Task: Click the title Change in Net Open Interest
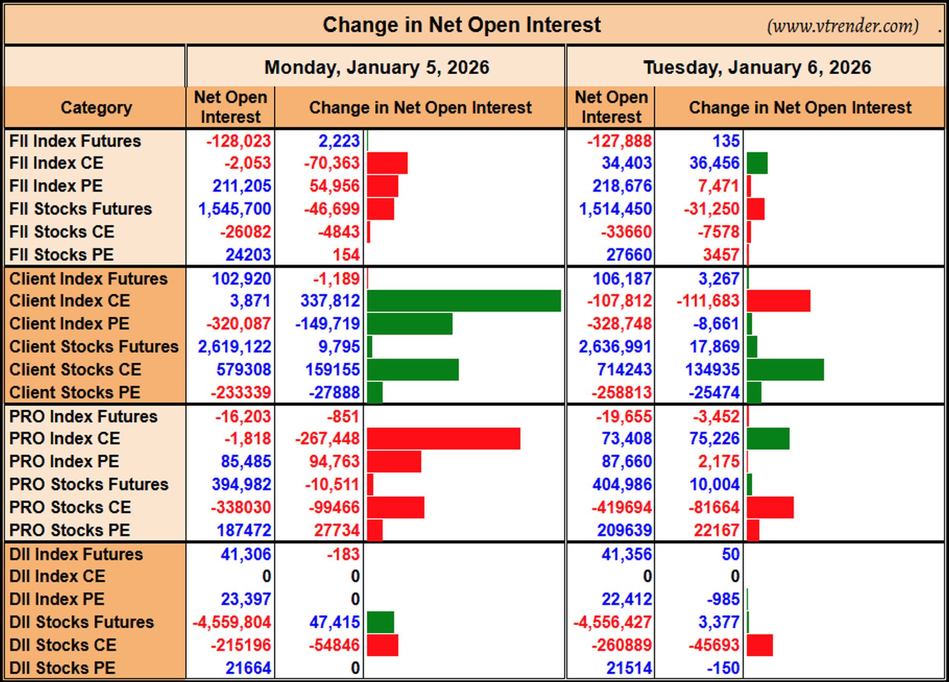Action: (462, 25)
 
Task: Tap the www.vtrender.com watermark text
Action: (843, 26)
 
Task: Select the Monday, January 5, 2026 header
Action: (377, 67)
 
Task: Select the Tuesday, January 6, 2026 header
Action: (757, 67)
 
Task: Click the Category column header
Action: (96, 108)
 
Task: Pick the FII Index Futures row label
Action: (75, 141)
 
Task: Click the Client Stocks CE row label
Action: (75, 369)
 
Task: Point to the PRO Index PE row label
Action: (64, 461)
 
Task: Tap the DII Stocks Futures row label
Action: (82, 622)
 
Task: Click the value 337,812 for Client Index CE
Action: (330, 300)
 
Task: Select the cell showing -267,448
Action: (327, 438)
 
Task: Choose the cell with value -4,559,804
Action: (232, 622)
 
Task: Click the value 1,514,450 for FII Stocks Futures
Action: (615, 209)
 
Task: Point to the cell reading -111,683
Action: (708, 300)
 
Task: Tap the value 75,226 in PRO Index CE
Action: (715, 438)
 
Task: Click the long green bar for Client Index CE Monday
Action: (464, 301)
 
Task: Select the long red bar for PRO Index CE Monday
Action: (444, 439)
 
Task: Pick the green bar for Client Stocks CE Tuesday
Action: (785, 370)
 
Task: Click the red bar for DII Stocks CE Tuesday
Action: (760, 645)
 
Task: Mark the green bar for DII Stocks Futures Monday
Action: (381, 622)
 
